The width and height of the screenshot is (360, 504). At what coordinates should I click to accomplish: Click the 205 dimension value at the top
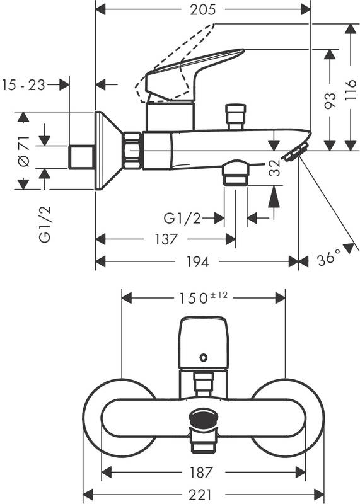click(x=203, y=9)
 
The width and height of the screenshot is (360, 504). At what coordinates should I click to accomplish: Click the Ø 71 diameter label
click(x=23, y=151)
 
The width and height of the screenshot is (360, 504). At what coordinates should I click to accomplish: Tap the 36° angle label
click(x=328, y=259)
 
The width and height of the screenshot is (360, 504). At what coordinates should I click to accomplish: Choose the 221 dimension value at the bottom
click(x=203, y=495)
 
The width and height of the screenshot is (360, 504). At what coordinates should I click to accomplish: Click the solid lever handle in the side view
click(x=195, y=72)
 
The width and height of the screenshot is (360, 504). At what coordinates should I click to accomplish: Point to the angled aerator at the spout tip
click(x=295, y=151)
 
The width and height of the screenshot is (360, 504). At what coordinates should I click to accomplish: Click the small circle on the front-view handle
click(x=202, y=358)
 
